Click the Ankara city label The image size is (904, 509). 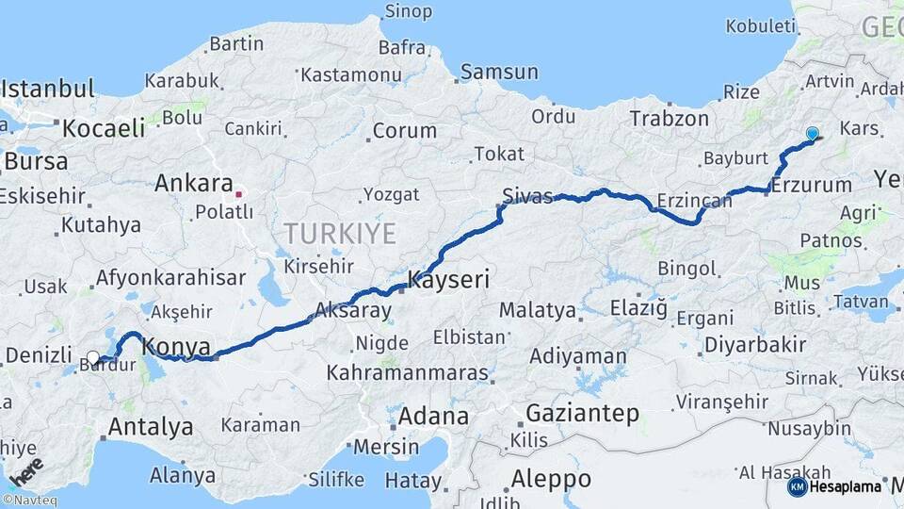point(194,183)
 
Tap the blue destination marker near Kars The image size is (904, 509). point(812,135)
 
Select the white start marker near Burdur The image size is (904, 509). point(92,358)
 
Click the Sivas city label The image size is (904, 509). point(527,196)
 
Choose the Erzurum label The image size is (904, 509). point(812,186)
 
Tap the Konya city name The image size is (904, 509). point(177,347)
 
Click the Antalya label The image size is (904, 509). point(151,427)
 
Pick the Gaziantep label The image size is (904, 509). point(582,413)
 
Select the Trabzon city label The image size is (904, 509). point(669,119)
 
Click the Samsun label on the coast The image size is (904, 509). point(499,72)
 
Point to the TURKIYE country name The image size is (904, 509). point(340,233)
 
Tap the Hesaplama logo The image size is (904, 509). point(834,487)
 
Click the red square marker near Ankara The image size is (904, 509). point(239,194)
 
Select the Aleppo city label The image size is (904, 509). point(550,479)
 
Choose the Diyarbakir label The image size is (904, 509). point(757,344)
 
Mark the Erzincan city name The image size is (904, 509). point(694,201)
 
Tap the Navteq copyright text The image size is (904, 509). point(30,501)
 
